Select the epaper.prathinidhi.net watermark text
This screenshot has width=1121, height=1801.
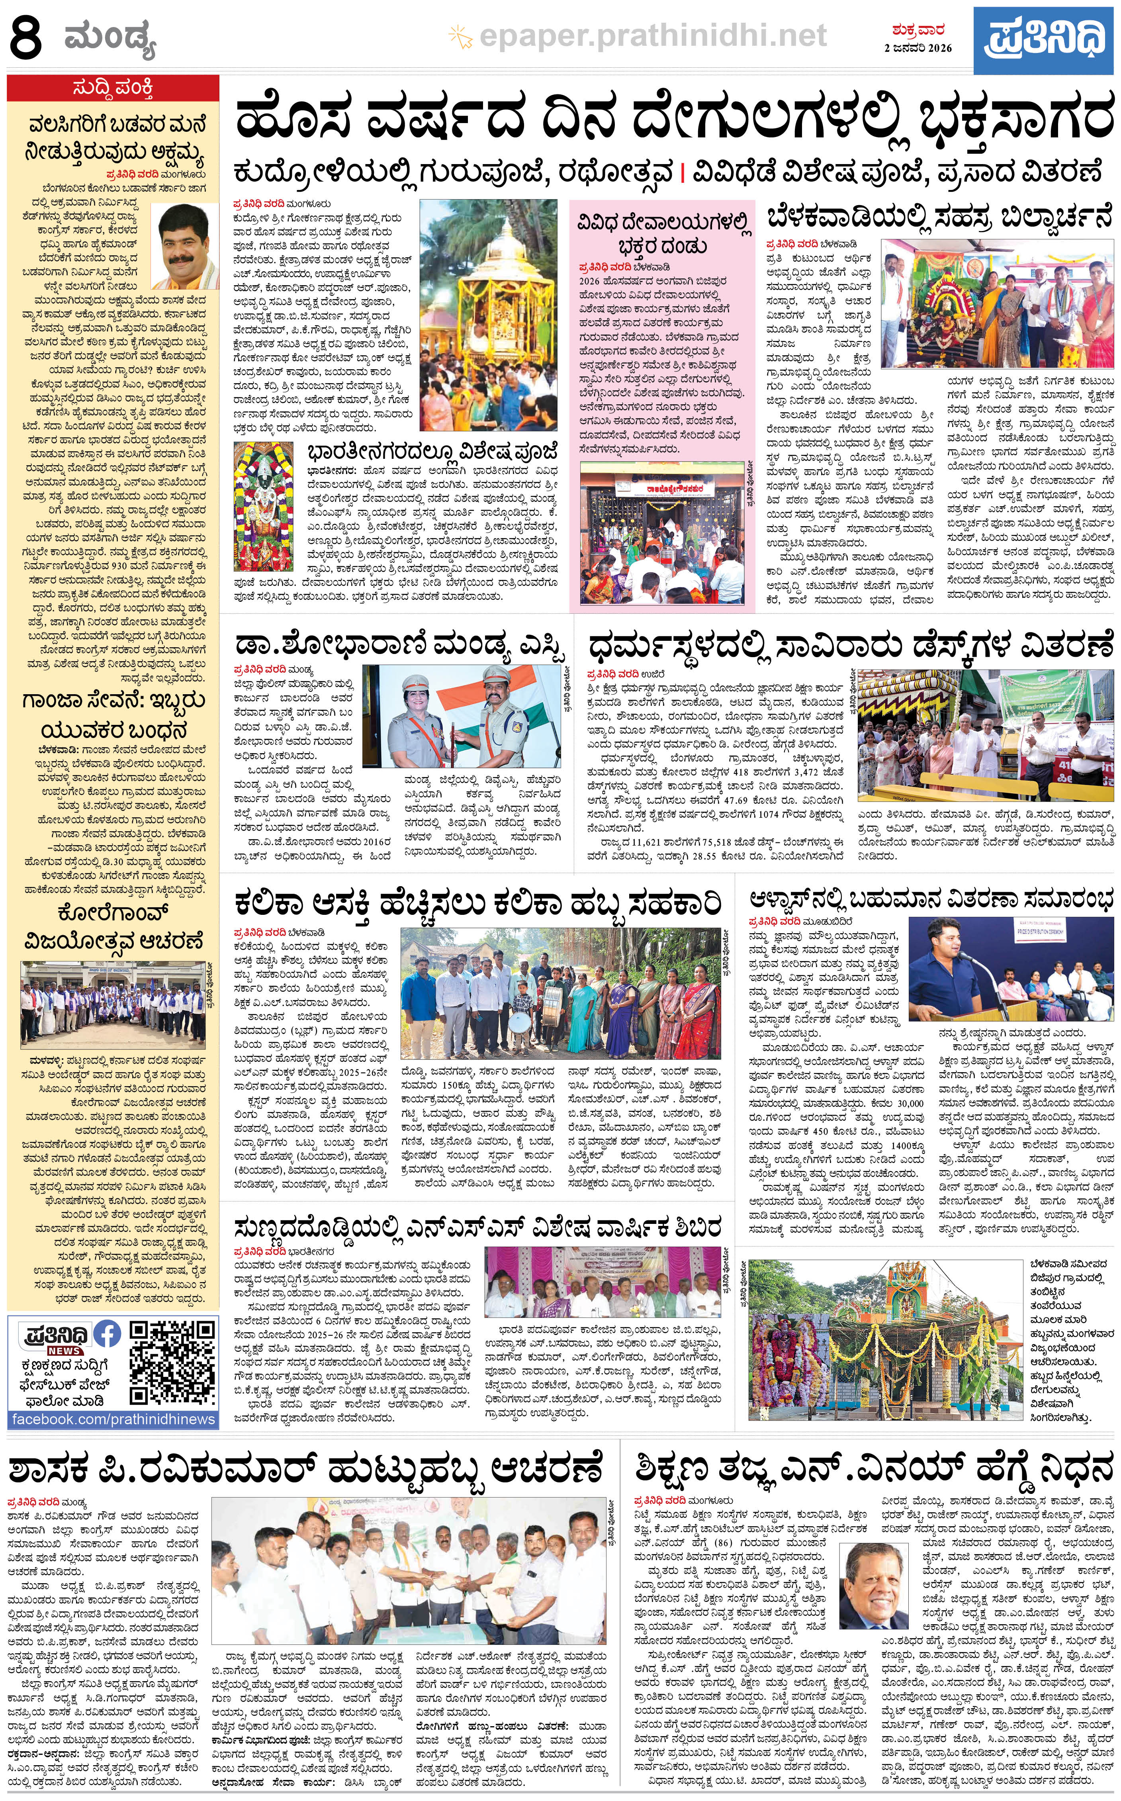pos(652,35)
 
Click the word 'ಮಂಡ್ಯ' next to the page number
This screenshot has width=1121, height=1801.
pos(110,39)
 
